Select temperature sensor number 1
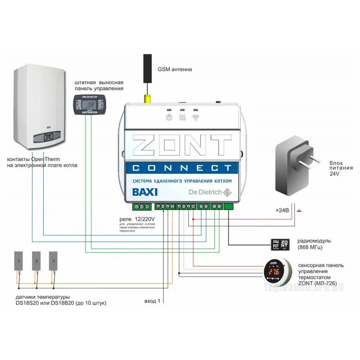click(x=19, y=261)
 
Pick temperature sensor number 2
click(x=37, y=261)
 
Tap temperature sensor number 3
click(x=54, y=261)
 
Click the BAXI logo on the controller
click(x=145, y=192)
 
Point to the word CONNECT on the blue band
click(x=183, y=168)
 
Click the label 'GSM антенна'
click(x=175, y=70)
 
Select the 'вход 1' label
click(x=151, y=300)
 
